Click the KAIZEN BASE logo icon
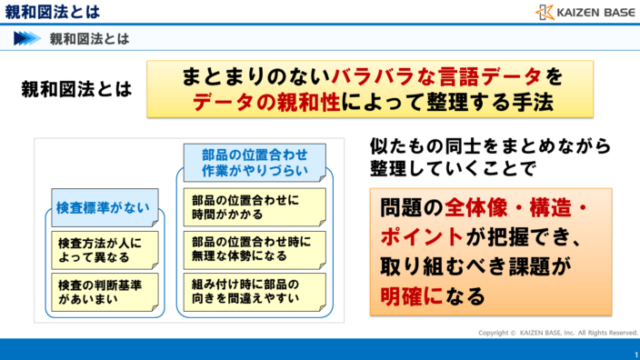[544, 12]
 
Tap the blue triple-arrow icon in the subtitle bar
[27, 38]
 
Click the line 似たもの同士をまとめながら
[490, 146]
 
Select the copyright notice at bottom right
[558, 332]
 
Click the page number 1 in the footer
[635, 353]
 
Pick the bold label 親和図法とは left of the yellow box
[76, 90]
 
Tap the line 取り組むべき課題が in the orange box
[468, 265]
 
